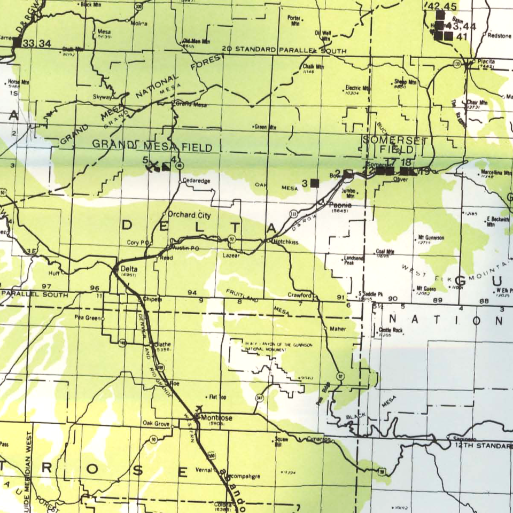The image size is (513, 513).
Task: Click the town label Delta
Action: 129,268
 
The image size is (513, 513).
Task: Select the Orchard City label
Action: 189,215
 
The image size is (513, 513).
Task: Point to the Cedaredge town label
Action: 197,181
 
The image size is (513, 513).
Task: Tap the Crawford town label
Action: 299,295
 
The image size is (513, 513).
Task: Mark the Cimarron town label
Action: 320,439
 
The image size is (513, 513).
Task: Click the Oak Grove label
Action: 156,424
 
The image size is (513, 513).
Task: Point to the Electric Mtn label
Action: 358,88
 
